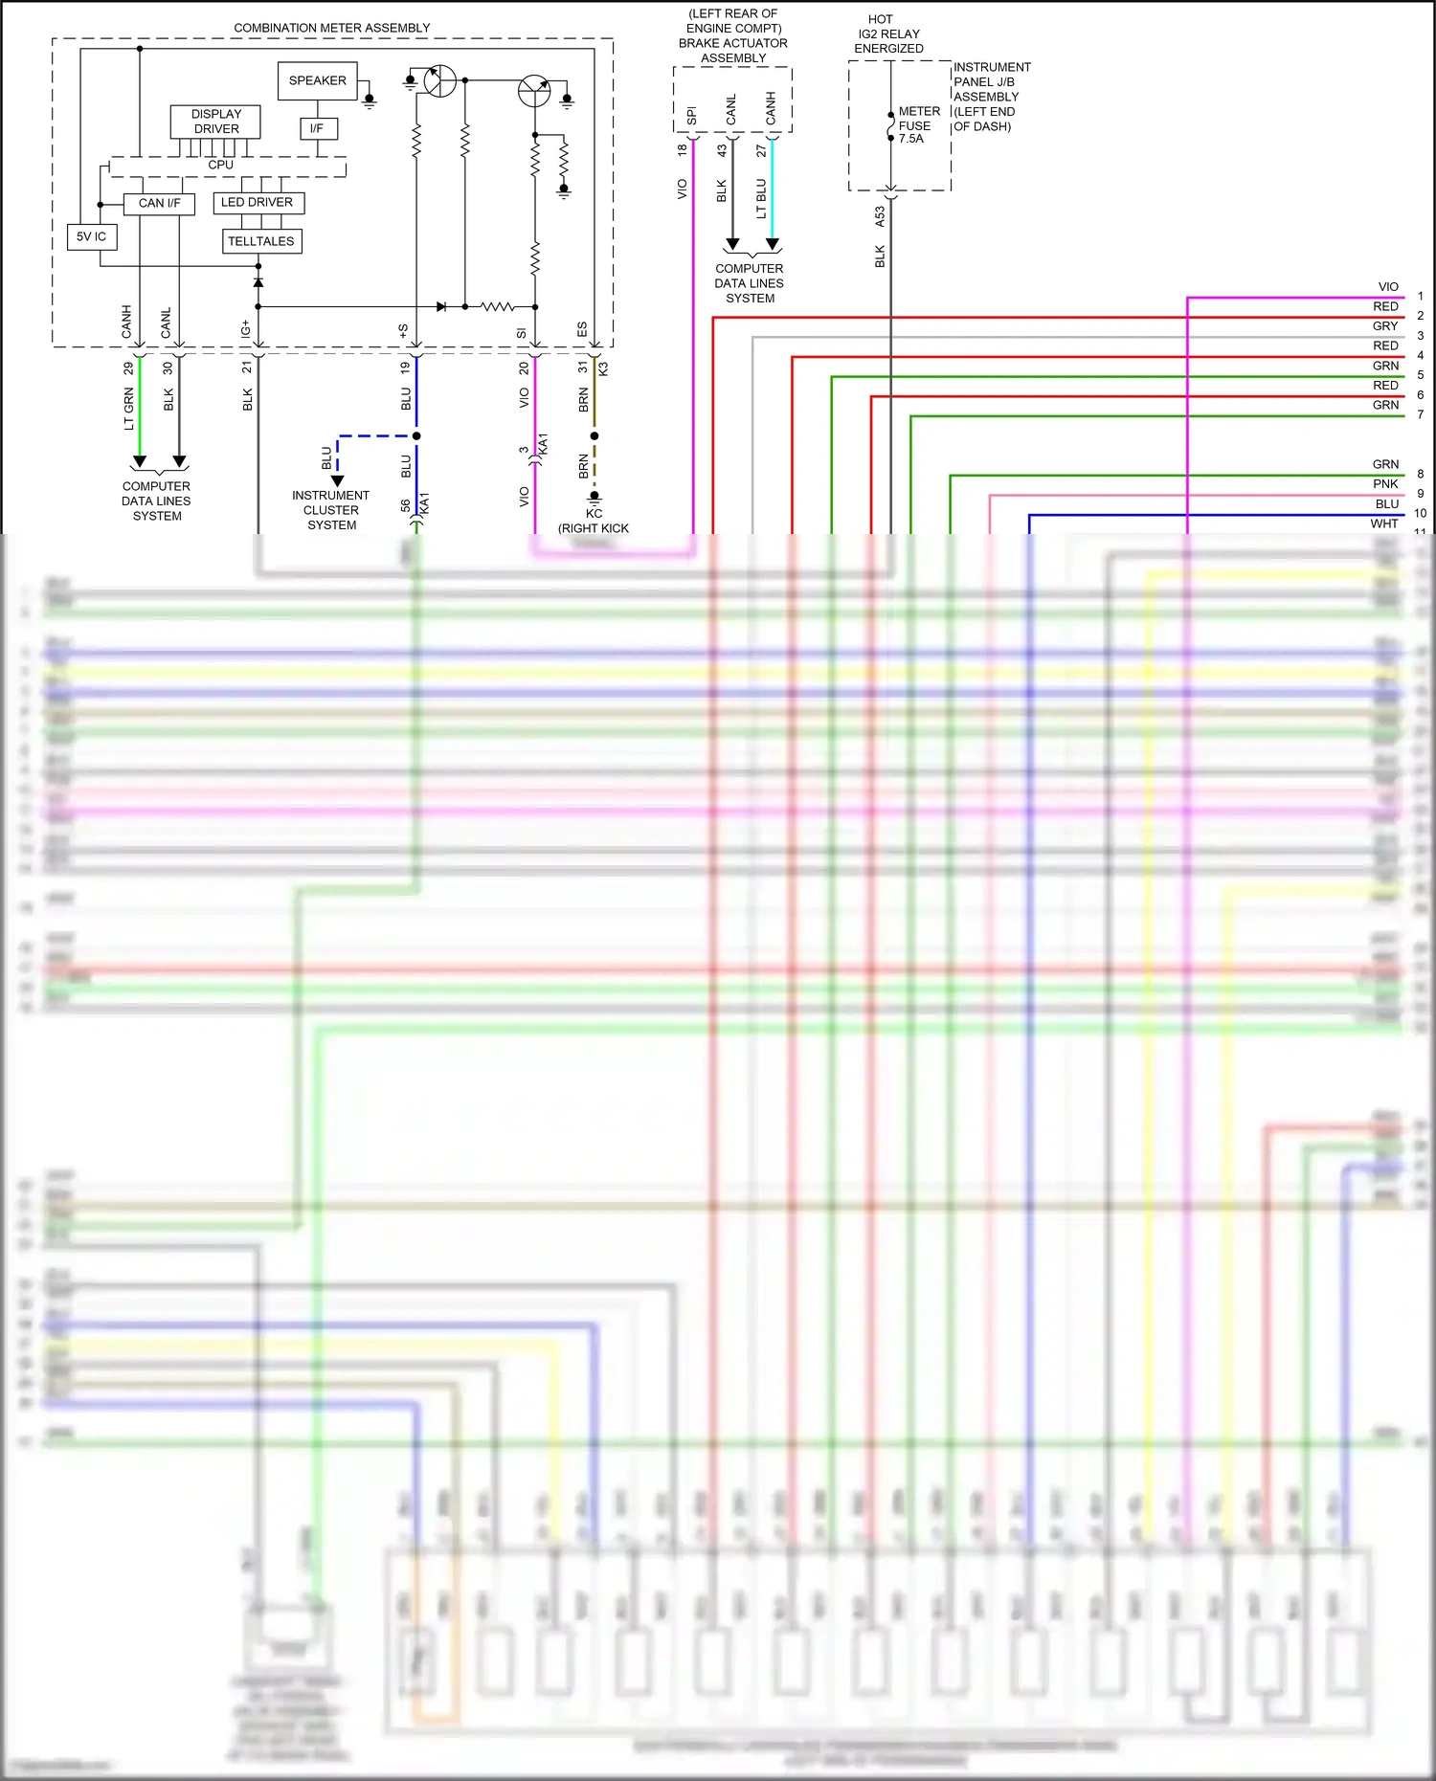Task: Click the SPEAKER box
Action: click(x=317, y=80)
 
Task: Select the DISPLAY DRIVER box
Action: click(x=215, y=122)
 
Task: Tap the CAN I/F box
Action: click(x=159, y=203)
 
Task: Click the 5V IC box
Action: click(x=91, y=236)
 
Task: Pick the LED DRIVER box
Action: click(x=257, y=202)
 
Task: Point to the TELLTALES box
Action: click(x=260, y=241)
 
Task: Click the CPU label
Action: click(x=220, y=165)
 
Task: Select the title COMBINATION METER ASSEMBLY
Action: click(x=331, y=28)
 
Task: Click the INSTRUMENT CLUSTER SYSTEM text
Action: click(x=331, y=510)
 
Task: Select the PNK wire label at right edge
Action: click(x=1385, y=484)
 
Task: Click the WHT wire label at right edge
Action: click(x=1383, y=523)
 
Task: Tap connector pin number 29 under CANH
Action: click(x=128, y=367)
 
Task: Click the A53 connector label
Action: click(x=880, y=217)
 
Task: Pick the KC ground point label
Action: click(x=594, y=514)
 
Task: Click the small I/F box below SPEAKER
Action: click(x=317, y=128)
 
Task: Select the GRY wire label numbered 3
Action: click(x=1385, y=326)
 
